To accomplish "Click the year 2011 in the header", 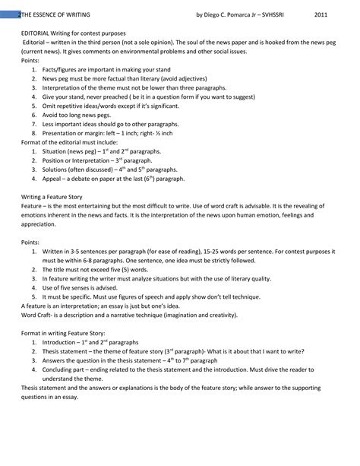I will click(323, 14).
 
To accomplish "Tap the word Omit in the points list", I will click(50, 106).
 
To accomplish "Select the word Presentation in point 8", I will click(61, 132).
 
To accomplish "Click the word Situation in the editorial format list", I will click(56, 151).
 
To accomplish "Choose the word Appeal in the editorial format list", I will click(53, 179).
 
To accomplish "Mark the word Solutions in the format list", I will click(57, 170).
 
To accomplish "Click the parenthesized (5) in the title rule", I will click(130, 269).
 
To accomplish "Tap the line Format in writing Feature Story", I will click(62, 333).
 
